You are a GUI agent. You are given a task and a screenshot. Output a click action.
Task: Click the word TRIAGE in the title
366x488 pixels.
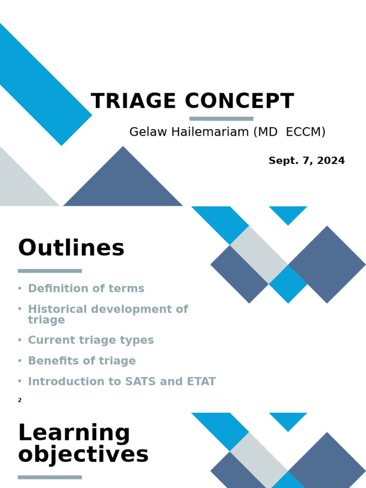tap(133, 102)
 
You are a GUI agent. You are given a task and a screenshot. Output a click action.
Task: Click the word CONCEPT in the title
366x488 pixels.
tap(239, 102)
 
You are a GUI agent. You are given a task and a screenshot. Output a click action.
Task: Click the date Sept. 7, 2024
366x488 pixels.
tap(306, 161)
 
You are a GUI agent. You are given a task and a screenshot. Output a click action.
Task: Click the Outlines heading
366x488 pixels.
tap(71, 248)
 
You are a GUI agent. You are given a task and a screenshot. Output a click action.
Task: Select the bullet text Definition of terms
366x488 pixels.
tap(86, 288)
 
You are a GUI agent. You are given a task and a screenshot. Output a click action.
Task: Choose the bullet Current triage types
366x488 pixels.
tap(91, 340)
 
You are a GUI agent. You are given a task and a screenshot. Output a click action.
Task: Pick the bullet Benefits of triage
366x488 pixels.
tap(81, 361)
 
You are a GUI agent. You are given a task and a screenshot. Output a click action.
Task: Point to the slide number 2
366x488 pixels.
tap(20, 400)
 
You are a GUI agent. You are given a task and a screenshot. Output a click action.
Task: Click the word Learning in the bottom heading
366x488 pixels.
tap(74, 433)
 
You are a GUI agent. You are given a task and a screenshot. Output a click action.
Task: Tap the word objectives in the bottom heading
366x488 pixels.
tap(83, 455)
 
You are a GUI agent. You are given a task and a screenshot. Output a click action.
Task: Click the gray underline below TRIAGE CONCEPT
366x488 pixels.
tap(221, 119)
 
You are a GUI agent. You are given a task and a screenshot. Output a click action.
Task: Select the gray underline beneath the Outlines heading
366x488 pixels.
tap(50, 271)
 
